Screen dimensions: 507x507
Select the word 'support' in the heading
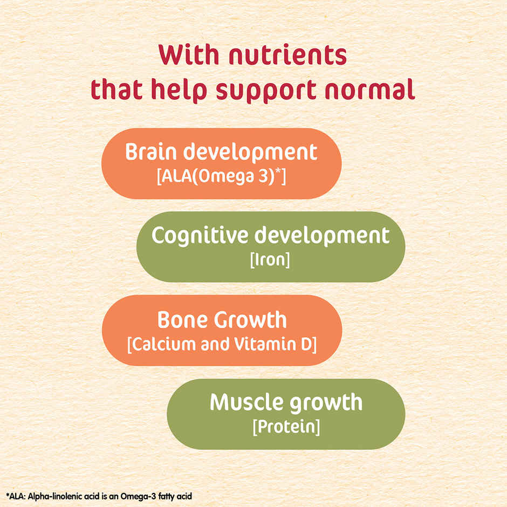(268, 90)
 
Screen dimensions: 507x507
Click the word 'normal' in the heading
(373, 90)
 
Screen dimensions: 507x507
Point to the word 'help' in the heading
(181, 90)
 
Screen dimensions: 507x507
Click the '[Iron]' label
(270, 259)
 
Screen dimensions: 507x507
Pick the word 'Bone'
(182, 320)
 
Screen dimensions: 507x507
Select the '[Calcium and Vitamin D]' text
(222, 344)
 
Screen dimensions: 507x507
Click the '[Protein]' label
(286, 427)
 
